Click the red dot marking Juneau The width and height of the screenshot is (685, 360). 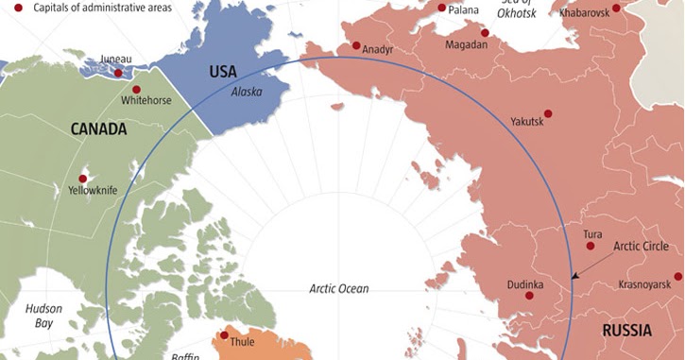[x=118, y=73]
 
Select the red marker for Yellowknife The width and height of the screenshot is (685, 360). [x=82, y=179]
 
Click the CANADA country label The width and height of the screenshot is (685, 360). [x=98, y=129]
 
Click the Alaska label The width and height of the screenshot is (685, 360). [x=248, y=92]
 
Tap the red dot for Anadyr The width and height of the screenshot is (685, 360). [x=356, y=45]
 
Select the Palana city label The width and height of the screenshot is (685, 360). [x=463, y=11]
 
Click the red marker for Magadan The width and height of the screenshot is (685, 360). [x=485, y=32]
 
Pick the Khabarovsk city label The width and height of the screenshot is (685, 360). [x=585, y=13]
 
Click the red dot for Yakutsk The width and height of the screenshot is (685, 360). [x=548, y=113]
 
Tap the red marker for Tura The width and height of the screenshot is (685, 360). [x=591, y=246]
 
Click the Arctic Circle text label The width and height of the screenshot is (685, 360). [x=642, y=247]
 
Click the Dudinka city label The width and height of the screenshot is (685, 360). [x=523, y=283]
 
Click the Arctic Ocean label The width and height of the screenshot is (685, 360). [x=339, y=289]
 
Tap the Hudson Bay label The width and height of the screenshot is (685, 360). [x=43, y=316]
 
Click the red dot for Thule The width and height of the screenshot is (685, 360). [x=224, y=334]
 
